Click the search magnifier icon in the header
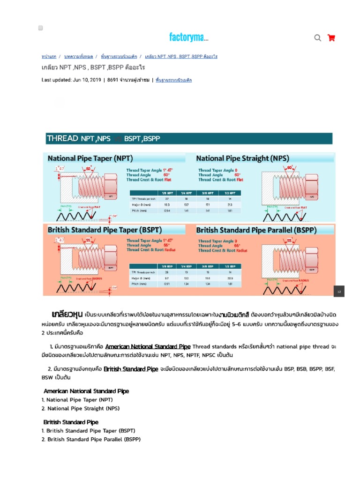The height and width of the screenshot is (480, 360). pos(317,38)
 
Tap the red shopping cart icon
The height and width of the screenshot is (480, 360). pos(331,38)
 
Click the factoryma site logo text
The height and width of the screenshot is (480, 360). pos(189,37)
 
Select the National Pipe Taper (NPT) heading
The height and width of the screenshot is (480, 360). pos(90,158)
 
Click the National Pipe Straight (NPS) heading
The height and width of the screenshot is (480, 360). pos(242,158)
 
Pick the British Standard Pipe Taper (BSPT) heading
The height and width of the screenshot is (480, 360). pos(105,230)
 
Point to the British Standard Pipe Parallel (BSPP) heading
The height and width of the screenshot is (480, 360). pos(256,230)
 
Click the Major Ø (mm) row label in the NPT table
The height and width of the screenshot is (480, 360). pos(141,205)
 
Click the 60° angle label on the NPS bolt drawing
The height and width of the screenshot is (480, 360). pos(290,167)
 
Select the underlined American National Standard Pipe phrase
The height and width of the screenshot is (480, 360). pos(148,347)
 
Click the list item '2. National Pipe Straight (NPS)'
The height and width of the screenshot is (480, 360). pos(81,408)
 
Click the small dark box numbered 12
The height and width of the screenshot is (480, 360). pos(339,291)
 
